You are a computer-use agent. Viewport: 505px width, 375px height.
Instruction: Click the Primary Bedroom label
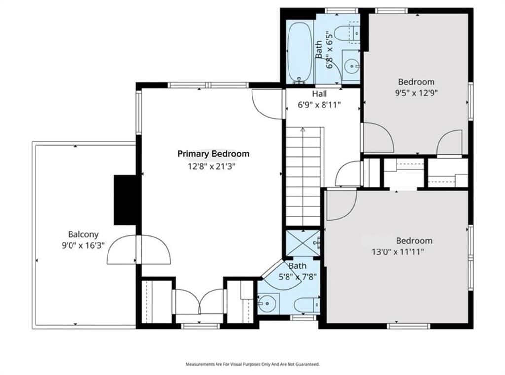213,154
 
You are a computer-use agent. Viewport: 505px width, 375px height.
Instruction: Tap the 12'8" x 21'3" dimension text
212,167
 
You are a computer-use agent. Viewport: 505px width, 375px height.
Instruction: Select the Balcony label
83,234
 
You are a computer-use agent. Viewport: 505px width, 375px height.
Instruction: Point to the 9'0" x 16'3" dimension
83,246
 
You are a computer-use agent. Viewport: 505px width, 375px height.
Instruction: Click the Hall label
319,94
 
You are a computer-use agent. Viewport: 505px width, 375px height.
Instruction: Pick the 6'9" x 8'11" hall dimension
319,105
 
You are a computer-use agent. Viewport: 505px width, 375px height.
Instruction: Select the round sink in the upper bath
351,67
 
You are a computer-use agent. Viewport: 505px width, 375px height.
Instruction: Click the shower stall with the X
303,243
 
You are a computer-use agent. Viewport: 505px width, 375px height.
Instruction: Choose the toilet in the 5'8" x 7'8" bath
307,305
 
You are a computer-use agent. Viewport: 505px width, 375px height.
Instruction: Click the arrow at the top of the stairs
303,129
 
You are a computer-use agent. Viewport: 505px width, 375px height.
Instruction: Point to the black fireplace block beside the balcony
125,200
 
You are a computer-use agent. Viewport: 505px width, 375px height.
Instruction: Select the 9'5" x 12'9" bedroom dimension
416,93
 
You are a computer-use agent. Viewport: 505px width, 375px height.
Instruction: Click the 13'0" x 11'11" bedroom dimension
398,252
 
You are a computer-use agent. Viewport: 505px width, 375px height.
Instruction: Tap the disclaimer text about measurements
252,364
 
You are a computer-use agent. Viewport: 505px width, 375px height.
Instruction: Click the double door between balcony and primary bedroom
139,250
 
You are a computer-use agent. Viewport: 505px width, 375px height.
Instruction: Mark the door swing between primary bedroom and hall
267,104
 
